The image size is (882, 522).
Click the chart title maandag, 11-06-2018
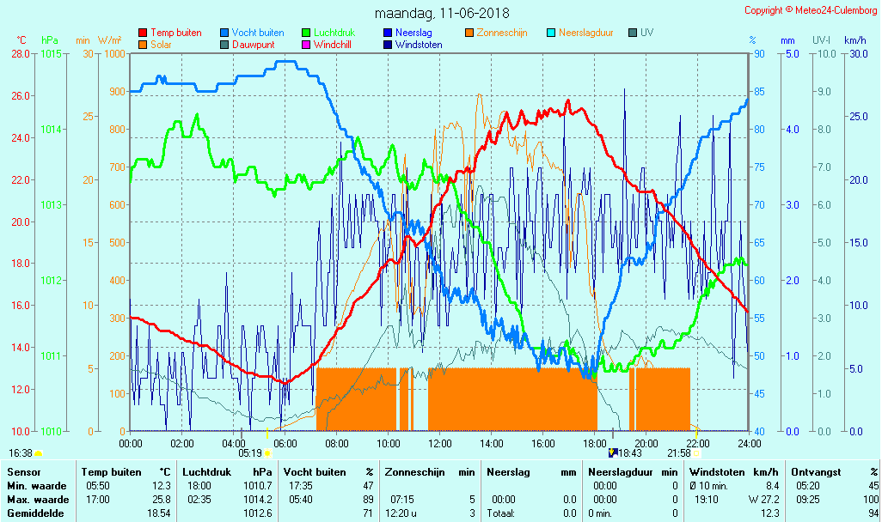tap(442, 14)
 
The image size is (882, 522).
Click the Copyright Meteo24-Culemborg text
tap(811, 10)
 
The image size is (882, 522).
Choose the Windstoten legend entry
tap(419, 45)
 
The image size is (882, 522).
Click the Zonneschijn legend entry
tap(501, 33)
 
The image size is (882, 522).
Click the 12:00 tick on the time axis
tap(440, 444)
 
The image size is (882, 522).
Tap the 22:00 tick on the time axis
tap(697, 444)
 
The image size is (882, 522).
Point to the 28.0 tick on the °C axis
tap(21, 53)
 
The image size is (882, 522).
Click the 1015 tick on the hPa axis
tap(51, 53)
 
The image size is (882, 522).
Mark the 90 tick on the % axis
tap(759, 53)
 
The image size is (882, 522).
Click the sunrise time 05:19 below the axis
tap(250, 453)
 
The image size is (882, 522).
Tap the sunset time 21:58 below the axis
tap(679, 453)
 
